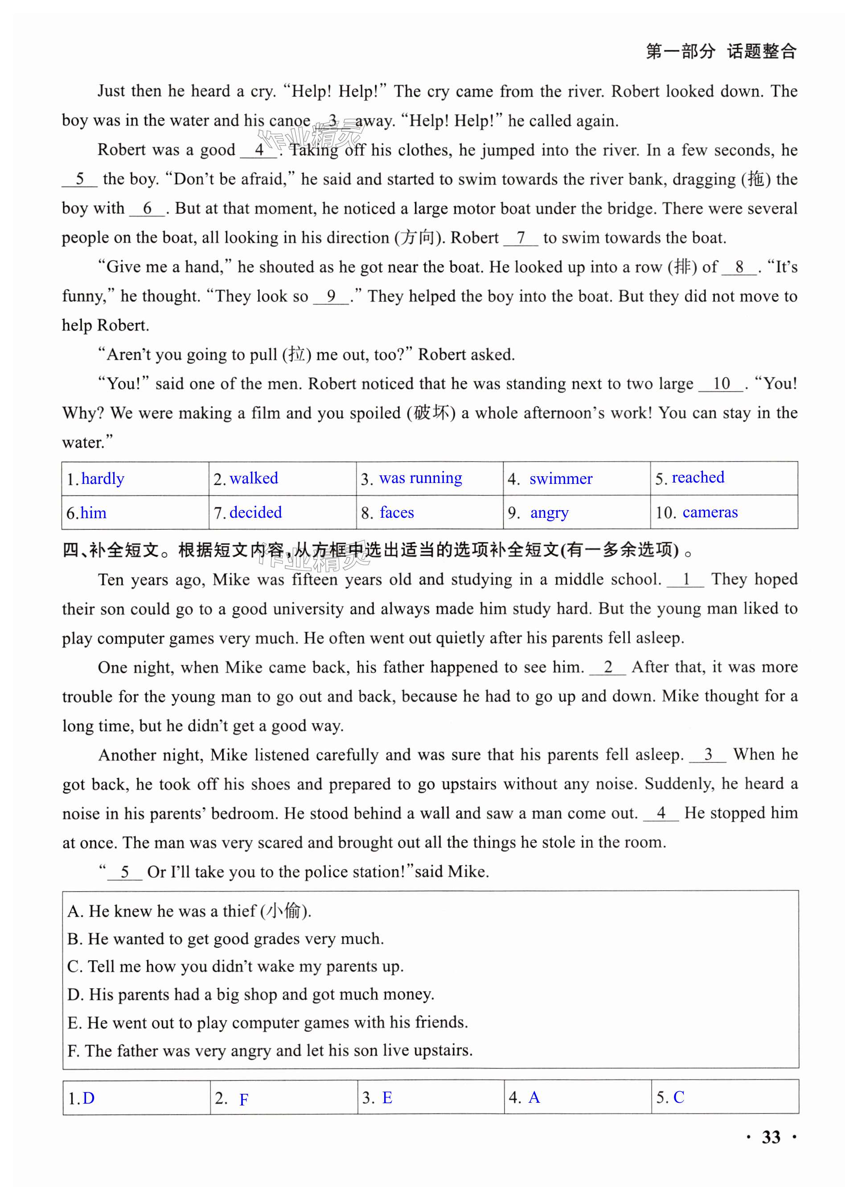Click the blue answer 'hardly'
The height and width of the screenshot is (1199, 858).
(103, 479)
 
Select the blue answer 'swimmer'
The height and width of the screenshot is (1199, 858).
(561, 479)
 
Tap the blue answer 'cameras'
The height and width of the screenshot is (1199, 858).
(710, 512)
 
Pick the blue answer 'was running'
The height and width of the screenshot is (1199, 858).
(421, 478)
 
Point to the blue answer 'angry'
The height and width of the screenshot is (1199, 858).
(549, 513)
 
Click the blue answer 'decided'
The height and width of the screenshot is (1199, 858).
(256, 512)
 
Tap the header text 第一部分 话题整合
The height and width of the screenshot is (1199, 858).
(721, 51)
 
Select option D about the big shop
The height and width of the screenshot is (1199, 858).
(251, 994)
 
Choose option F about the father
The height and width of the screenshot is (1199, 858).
(270, 1051)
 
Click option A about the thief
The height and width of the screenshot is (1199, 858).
(189, 911)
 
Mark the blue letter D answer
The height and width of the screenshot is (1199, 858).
(89, 1098)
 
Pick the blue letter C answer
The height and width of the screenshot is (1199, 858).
(678, 1097)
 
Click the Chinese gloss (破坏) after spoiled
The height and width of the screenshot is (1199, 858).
(431, 413)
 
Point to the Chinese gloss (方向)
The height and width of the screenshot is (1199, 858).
(420, 237)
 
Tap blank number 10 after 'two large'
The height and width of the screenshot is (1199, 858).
(721, 384)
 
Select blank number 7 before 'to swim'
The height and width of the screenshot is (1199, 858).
(521, 237)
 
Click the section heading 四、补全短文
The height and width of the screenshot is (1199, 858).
(111, 550)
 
